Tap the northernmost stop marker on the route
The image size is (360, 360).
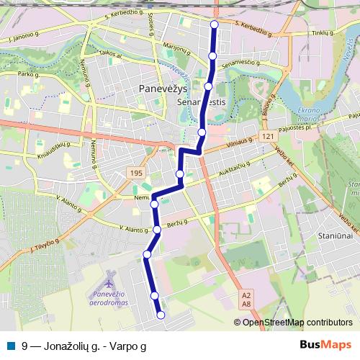[x=214, y=25]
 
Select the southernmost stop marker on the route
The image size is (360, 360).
[x=161, y=315]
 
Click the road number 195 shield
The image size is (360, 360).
[x=137, y=174]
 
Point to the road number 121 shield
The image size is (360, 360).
[x=267, y=136]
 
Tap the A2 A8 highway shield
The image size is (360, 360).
[x=246, y=300]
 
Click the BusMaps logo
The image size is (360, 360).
[x=325, y=346]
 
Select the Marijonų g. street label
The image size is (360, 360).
[x=176, y=51]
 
